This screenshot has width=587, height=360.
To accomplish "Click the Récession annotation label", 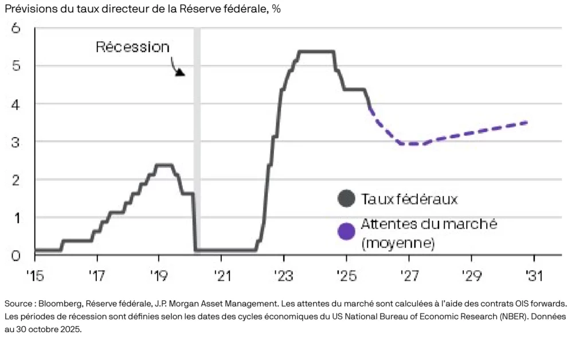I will point(132,47).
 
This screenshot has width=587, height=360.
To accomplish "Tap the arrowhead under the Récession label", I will point(180,72).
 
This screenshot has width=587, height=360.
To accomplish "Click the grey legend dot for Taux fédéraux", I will point(346,199).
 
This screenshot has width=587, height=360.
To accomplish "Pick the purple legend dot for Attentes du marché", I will point(346,231).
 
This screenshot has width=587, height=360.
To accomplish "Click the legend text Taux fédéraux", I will point(409,199).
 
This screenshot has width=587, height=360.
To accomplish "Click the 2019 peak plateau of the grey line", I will point(165,165).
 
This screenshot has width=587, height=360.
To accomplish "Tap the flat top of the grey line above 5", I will point(316,52).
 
